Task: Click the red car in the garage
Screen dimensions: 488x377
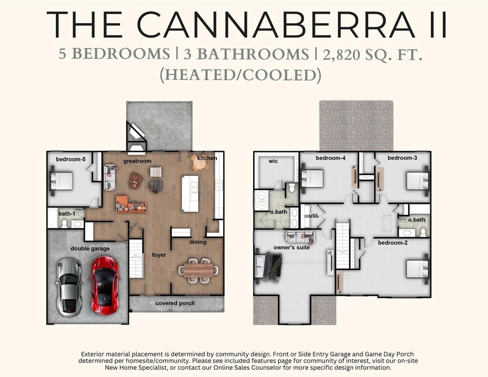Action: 104,285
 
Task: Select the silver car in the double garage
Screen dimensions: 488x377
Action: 69,287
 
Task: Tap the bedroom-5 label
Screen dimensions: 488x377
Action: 71,159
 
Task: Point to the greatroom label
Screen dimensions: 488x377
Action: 137,161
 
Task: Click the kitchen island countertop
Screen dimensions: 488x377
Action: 190,194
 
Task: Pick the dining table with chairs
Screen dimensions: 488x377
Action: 198,270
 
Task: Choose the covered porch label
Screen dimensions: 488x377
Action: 175,303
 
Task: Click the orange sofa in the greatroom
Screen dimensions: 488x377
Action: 131,204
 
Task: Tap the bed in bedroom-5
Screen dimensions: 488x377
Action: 61,181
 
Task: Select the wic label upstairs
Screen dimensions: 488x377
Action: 273,161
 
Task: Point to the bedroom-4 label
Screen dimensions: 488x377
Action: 331,158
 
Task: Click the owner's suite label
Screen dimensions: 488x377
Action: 292,247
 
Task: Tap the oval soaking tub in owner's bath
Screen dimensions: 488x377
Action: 261,200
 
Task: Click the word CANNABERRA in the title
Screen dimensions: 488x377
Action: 276,25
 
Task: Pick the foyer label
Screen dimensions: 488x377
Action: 159,255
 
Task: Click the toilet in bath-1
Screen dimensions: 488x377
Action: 64,224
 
